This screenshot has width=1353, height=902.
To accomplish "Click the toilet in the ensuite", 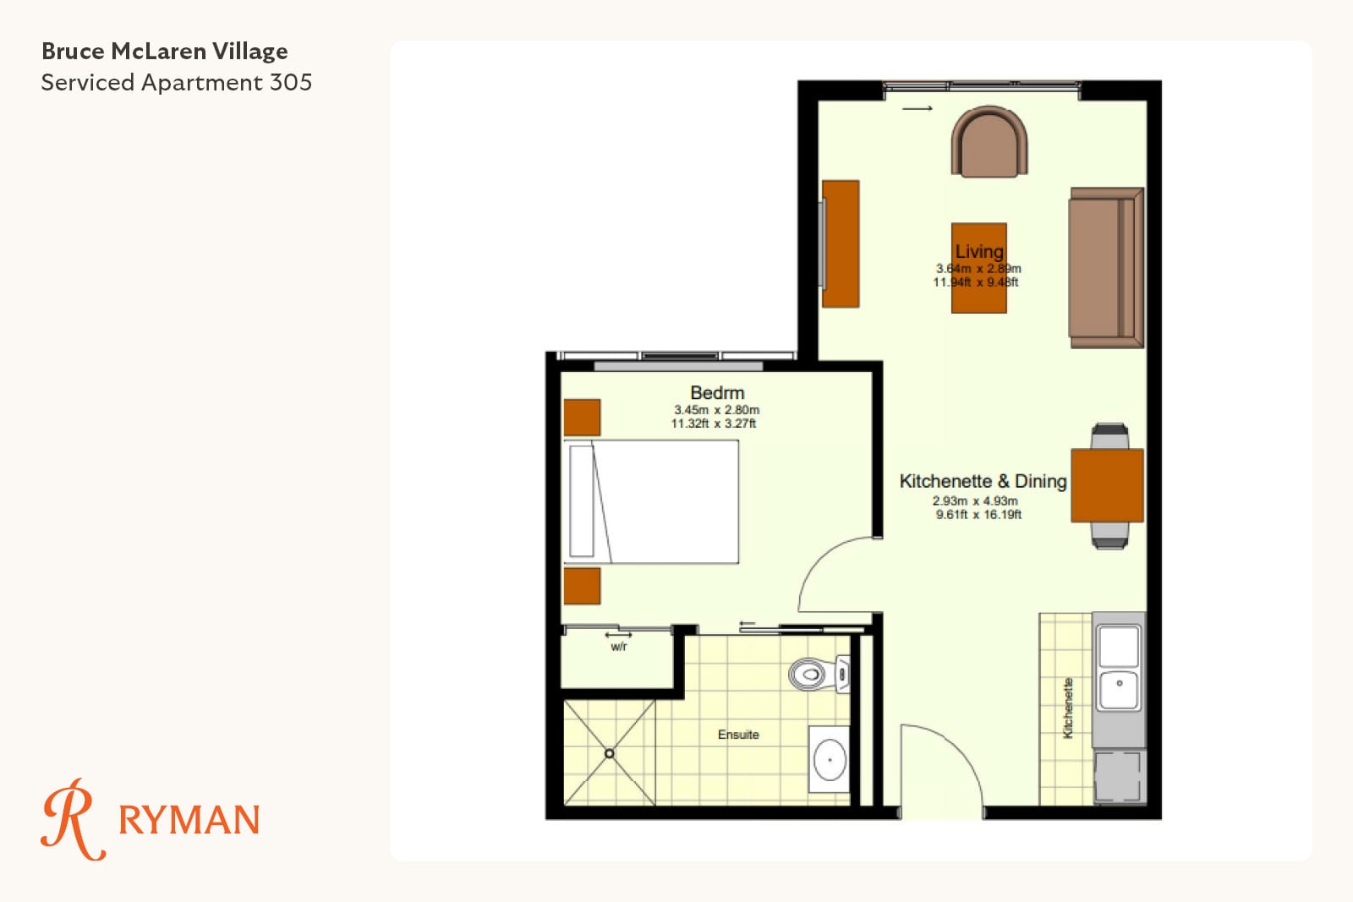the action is tap(819, 674).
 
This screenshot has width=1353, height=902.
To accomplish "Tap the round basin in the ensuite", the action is tap(830, 759).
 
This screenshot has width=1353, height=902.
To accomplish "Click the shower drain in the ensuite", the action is tap(610, 753).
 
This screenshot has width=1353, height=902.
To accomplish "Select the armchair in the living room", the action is tap(989, 141).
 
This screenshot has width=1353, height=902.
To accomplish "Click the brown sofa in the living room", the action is tap(1106, 267).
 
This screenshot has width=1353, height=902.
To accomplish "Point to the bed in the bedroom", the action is tap(651, 501).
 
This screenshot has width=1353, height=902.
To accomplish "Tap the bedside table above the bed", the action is tap(583, 418).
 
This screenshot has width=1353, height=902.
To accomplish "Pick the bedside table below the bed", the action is tap(583, 586).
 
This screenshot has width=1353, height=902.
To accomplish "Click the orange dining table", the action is tap(1107, 485).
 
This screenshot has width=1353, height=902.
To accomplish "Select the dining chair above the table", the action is tap(1110, 436).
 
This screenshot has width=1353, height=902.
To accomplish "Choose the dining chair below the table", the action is tap(1110, 535).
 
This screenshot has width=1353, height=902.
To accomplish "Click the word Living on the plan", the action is tap(979, 251).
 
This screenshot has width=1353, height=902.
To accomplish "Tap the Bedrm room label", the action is tap(717, 393).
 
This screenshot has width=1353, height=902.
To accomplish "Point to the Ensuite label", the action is tap(738, 735).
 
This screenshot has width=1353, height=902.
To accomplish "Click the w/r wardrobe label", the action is tap(619, 647).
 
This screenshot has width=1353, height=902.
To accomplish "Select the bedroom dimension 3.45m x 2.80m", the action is tap(716, 410).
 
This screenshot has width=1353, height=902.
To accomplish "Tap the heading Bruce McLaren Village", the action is tap(164, 52).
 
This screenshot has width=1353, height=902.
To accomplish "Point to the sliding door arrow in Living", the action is tap(918, 109).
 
